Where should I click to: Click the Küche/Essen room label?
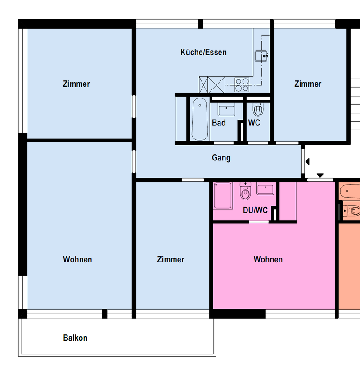click(203, 52)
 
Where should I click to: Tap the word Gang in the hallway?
click(221, 158)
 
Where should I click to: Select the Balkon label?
click(75, 338)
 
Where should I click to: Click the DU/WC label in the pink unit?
click(255, 210)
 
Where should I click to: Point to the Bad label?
click(219, 123)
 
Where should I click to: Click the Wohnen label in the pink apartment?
click(268, 259)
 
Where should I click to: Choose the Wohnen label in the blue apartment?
click(77, 259)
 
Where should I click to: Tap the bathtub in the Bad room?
click(200, 119)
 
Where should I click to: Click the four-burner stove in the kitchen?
click(242, 84)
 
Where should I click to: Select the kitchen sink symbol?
click(261, 56)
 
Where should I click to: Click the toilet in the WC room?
click(258, 110)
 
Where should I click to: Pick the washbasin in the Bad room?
click(226, 111)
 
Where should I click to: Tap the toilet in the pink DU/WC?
click(245, 191)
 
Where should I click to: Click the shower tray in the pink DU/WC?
click(223, 196)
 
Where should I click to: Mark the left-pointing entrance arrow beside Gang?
click(307, 161)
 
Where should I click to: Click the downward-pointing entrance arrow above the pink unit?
click(320, 175)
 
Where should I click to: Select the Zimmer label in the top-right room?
click(308, 84)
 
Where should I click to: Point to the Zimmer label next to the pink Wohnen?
click(171, 259)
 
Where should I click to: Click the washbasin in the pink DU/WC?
click(265, 188)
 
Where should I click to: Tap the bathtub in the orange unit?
click(350, 191)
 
